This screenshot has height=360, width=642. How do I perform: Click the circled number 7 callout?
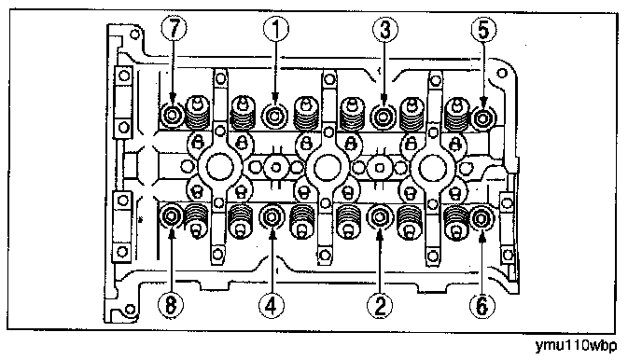click(174, 29)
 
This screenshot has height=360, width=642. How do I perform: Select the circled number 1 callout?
click(276, 29)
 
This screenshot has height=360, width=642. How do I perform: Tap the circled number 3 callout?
click(384, 30)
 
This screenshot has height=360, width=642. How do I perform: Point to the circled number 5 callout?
click(483, 30)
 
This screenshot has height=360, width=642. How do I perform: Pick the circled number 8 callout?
click(171, 305)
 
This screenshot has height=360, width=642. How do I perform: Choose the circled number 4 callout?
click(272, 306)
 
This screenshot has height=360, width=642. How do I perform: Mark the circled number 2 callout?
click(380, 306)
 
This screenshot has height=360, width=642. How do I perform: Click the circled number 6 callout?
click(481, 306)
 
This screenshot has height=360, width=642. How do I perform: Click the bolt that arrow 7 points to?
click(172, 116)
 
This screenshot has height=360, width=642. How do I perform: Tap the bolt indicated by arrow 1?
click(274, 117)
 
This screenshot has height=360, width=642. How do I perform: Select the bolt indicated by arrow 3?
click(384, 117)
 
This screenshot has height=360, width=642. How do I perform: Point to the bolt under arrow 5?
click(483, 118)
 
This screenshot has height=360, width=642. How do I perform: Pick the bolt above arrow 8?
click(171, 216)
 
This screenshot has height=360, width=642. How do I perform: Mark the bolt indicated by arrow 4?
click(272, 216)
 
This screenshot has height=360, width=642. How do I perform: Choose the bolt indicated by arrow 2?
click(380, 216)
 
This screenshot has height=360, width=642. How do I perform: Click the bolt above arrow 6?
click(481, 218)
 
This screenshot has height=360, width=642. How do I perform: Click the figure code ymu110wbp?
click(576, 346)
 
